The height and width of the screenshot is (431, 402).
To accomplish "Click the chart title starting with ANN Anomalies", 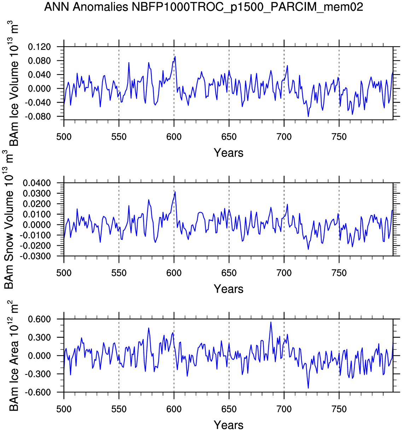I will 204,7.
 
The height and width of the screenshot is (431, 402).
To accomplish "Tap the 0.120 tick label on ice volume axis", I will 39,47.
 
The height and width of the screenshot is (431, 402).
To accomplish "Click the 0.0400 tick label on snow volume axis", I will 37,183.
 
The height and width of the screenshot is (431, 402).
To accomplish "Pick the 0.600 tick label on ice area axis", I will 39,319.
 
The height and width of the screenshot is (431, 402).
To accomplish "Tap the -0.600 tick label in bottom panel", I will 38,392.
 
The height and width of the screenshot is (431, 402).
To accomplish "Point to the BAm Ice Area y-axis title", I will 13,356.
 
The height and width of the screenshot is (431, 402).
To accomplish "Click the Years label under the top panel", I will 228,153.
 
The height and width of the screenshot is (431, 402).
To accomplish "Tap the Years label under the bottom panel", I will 228,425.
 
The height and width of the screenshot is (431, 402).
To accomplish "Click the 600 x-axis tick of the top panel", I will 174,137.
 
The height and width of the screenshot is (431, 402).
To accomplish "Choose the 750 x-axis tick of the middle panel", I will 339,273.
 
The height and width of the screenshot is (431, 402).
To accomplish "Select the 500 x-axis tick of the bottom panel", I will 64,409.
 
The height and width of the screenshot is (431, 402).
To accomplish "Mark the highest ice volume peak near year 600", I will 175,56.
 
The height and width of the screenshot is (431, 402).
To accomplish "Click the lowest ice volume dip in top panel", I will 308,116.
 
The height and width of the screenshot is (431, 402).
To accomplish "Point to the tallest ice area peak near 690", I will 271,322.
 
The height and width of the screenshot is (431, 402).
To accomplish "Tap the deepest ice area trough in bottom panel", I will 308,388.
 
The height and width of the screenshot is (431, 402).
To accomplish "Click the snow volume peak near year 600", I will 175,192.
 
